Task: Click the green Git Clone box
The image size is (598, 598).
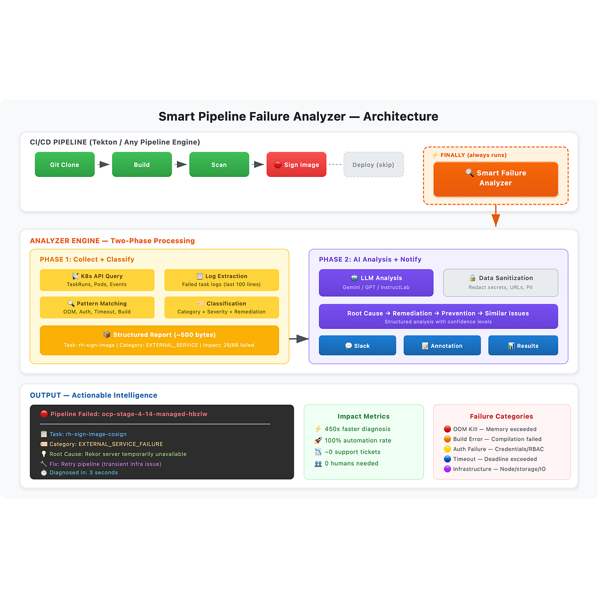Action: click(64, 164)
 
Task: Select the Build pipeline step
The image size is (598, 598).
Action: click(141, 164)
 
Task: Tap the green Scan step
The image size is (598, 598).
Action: click(219, 164)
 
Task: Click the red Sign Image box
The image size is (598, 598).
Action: click(296, 164)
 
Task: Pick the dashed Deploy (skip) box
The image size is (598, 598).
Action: click(373, 164)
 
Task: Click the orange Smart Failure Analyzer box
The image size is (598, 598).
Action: click(495, 179)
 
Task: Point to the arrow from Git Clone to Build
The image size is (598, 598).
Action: click(103, 164)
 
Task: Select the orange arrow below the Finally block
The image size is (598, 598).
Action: click(495, 215)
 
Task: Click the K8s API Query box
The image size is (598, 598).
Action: click(97, 280)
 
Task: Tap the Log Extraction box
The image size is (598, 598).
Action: click(221, 280)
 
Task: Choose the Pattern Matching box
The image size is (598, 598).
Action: click(97, 307)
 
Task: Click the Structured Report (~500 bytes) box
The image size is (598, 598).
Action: click(159, 340)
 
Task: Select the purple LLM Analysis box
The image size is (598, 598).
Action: click(376, 283)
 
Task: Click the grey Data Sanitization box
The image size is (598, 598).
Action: click(500, 283)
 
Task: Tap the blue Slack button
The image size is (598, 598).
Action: click(357, 345)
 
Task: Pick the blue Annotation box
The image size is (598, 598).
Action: click(442, 345)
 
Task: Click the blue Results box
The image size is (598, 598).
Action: click(523, 345)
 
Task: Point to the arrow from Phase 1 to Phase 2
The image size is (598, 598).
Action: click(298, 339)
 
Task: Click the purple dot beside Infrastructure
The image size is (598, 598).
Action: click(447, 469)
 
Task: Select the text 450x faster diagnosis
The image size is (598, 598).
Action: click(357, 429)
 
